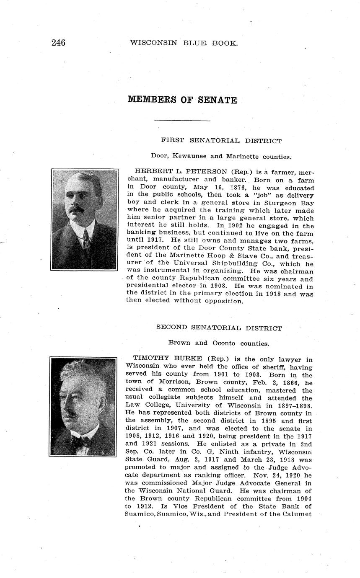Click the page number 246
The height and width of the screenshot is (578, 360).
(58, 42)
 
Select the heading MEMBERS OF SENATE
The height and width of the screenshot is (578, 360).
(182, 100)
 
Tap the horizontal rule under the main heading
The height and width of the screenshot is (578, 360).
(182, 121)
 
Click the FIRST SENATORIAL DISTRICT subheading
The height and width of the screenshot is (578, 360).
(221, 141)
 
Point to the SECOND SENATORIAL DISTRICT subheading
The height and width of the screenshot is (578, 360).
(219, 328)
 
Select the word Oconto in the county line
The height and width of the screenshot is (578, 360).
(224, 343)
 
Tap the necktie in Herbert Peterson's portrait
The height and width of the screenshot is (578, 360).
(86, 238)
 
